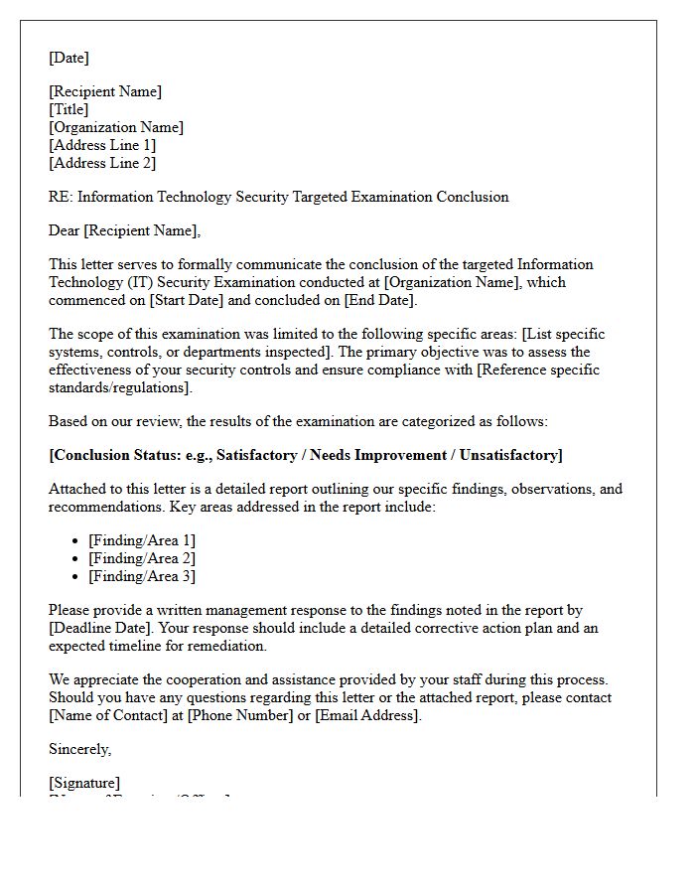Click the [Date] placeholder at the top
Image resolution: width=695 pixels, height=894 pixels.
(69, 58)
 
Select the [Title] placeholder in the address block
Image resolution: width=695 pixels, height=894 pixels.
(69, 109)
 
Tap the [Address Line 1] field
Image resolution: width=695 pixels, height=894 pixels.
(102, 145)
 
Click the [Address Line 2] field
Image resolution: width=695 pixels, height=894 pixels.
(102, 163)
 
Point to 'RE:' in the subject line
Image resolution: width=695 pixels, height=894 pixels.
(61, 197)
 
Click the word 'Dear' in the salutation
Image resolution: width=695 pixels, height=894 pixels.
(65, 230)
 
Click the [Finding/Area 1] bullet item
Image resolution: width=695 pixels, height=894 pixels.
(142, 540)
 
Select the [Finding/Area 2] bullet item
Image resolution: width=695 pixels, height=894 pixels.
(142, 558)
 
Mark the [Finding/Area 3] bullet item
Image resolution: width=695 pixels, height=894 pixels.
(142, 576)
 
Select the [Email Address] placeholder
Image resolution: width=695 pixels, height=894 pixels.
(367, 715)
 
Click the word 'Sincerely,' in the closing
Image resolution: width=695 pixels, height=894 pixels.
(80, 749)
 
